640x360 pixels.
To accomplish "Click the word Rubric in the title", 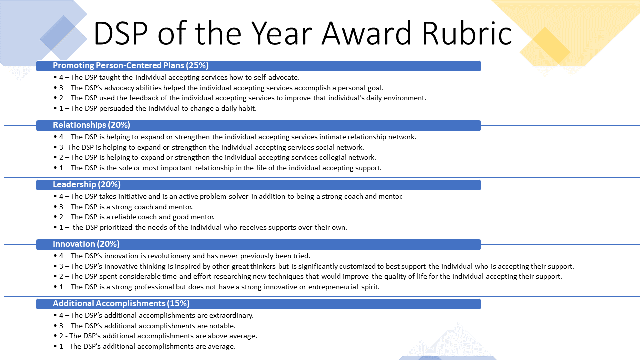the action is (x=467, y=33).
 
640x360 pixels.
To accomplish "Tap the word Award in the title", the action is (x=366, y=33).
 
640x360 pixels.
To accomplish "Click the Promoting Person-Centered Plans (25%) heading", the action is (x=131, y=65).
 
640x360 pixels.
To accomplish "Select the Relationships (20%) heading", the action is (x=91, y=125).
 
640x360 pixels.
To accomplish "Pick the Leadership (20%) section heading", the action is (x=87, y=184).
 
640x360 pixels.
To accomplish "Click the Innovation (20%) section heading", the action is (x=86, y=244).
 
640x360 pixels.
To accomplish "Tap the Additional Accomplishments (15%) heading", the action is (x=121, y=303).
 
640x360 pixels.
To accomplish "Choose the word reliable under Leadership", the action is (x=124, y=217).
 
